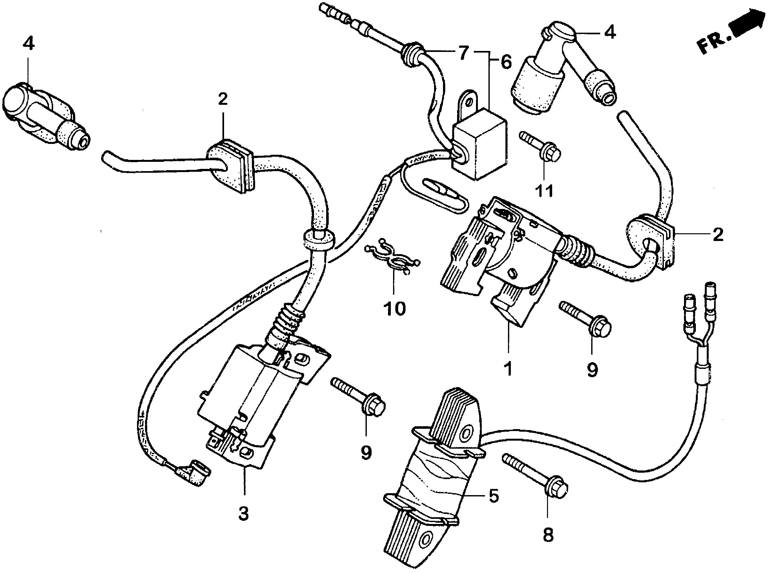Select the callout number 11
coord(544,191)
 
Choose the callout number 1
coord(508,369)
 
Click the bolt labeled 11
coord(541,147)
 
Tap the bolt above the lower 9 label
coord(358,395)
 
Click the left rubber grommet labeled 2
coord(230,167)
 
